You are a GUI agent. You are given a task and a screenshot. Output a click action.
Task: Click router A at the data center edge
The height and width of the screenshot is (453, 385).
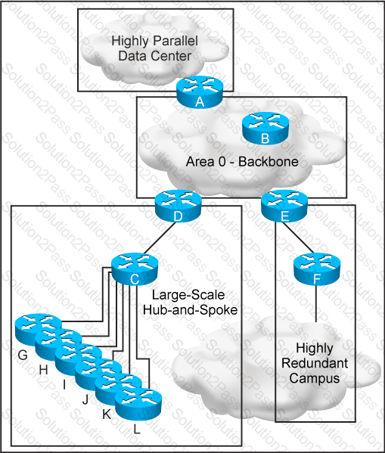pyautogui.click(x=200, y=92)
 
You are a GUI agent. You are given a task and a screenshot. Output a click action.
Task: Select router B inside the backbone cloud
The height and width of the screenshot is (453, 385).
pyautogui.click(x=265, y=129)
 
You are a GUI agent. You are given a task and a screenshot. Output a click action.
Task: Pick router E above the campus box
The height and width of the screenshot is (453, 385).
pyautogui.click(x=284, y=206)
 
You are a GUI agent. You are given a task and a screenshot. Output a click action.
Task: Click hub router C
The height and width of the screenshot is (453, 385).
pyautogui.click(x=135, y=269)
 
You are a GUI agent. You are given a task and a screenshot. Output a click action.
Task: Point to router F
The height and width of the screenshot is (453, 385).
pyautogui.click(x=317, y=269)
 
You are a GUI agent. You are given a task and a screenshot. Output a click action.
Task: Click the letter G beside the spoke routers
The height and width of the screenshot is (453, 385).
pyautogui.click(x=23, y=355)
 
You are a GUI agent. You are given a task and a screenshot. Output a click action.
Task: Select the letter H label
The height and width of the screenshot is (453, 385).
pyautogui.click(x=44, y=370)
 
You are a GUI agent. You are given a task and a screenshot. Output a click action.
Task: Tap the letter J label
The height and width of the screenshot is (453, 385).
pyautogui.click(x=85, y=399)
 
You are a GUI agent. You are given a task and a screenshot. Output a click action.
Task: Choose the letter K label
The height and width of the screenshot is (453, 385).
pyautogui.click(x=107, y=414)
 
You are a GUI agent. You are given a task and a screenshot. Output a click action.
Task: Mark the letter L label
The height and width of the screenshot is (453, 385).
pyautogui.click(x=137, y=430)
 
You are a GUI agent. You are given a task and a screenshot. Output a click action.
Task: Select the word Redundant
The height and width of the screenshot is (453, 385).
pyautogui.click(x=315, y=363)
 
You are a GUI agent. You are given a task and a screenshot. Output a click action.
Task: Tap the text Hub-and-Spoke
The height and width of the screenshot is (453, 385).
pyautogui.click(x=190, y=310)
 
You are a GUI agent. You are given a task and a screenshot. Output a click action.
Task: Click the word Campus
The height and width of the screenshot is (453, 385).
pyautogui.click(x=315, y=378)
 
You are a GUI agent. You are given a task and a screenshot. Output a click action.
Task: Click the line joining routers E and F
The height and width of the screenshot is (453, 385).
pyautogui.click(x=298, y=237)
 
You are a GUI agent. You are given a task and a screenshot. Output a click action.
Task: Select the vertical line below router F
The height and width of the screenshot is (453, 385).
pyautogui.click(x=316, y=303)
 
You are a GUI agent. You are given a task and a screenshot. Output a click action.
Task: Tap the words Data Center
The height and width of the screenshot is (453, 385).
pyautogui.click(x=155, y=55)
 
